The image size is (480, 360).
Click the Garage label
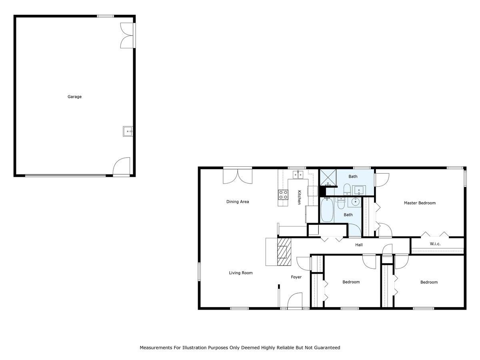74,97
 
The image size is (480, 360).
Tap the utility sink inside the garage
128,131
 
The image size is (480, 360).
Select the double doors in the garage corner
127,36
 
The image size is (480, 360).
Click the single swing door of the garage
122,167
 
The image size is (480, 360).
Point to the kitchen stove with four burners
283,195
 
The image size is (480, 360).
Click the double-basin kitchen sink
298,174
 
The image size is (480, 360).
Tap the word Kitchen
299,197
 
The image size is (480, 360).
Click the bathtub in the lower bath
327,210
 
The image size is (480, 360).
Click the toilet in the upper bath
347,188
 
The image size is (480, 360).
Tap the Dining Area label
238,202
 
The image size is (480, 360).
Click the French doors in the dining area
237,176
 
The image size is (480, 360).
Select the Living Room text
241,273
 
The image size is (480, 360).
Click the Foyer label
296,277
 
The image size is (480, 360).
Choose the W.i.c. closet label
435,244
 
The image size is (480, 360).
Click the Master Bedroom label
420,203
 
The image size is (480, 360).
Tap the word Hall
359,245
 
